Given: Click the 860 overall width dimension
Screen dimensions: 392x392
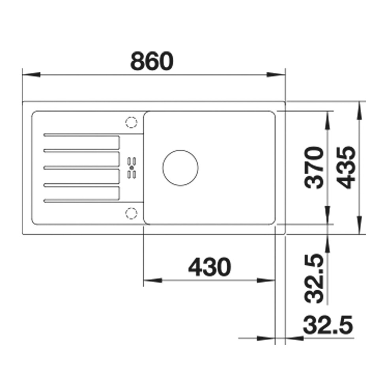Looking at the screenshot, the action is coord(152,61).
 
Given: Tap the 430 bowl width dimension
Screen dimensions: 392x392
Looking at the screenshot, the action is coord(210,267).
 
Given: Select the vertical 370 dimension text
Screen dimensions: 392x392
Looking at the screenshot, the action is coord(314,168).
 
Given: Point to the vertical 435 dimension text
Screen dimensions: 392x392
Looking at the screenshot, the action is coord(346,168).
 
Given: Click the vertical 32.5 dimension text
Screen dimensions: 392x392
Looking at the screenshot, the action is coord(314,279).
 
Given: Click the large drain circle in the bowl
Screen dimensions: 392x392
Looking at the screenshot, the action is coord(180,168).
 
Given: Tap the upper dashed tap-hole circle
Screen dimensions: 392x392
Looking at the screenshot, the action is coord(131,122).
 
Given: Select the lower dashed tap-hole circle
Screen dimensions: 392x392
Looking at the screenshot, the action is coord(131,213).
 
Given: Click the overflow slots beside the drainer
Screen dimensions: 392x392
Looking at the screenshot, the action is coord(132,168).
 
